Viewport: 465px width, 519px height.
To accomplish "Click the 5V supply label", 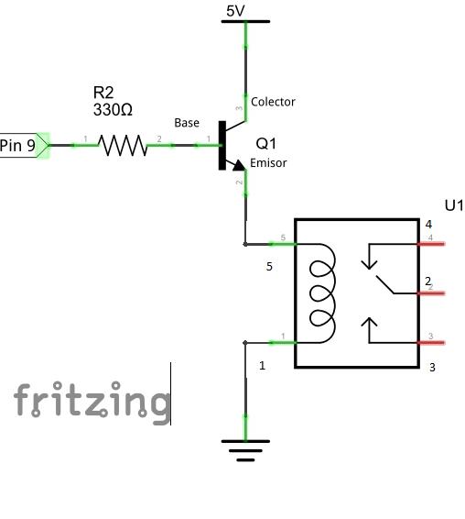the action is click(x=235, y=11).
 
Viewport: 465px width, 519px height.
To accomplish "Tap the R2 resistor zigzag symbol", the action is click(x=123, y=145).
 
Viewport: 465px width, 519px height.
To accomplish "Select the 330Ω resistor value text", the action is click(x=113, y=110).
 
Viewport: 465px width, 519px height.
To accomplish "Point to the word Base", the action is click(x=187, y=123).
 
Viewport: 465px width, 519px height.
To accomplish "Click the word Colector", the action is click(x=273, y=102).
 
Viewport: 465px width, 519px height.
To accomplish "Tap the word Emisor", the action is click(x=268, y=163).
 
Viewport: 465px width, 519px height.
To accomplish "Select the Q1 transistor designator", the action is click(x=266, y=144).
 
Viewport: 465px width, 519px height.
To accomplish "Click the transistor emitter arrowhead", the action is click(x=239, y=165).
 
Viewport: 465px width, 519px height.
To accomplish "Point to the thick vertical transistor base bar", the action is click(x=222, y=145).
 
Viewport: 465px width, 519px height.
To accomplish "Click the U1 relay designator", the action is click(x=454, y=205).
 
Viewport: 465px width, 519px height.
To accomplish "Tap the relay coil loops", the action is click(x=322, y=293).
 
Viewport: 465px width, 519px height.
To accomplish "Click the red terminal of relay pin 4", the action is click(x=431, y=244).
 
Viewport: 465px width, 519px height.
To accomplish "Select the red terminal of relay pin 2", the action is click(x=431, y=293).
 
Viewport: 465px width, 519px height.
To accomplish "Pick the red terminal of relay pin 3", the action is click(x=431, y=343).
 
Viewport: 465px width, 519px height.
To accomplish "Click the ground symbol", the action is click(x=245, y=450).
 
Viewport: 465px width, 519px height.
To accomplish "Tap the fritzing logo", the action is click(x=92, y=403).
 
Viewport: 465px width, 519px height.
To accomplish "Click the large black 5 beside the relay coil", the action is click(x=269, y=267).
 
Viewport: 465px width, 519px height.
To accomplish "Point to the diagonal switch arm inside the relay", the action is click(x=384, y=284).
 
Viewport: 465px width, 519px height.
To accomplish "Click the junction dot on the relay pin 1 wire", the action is click(x=245, y=343).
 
